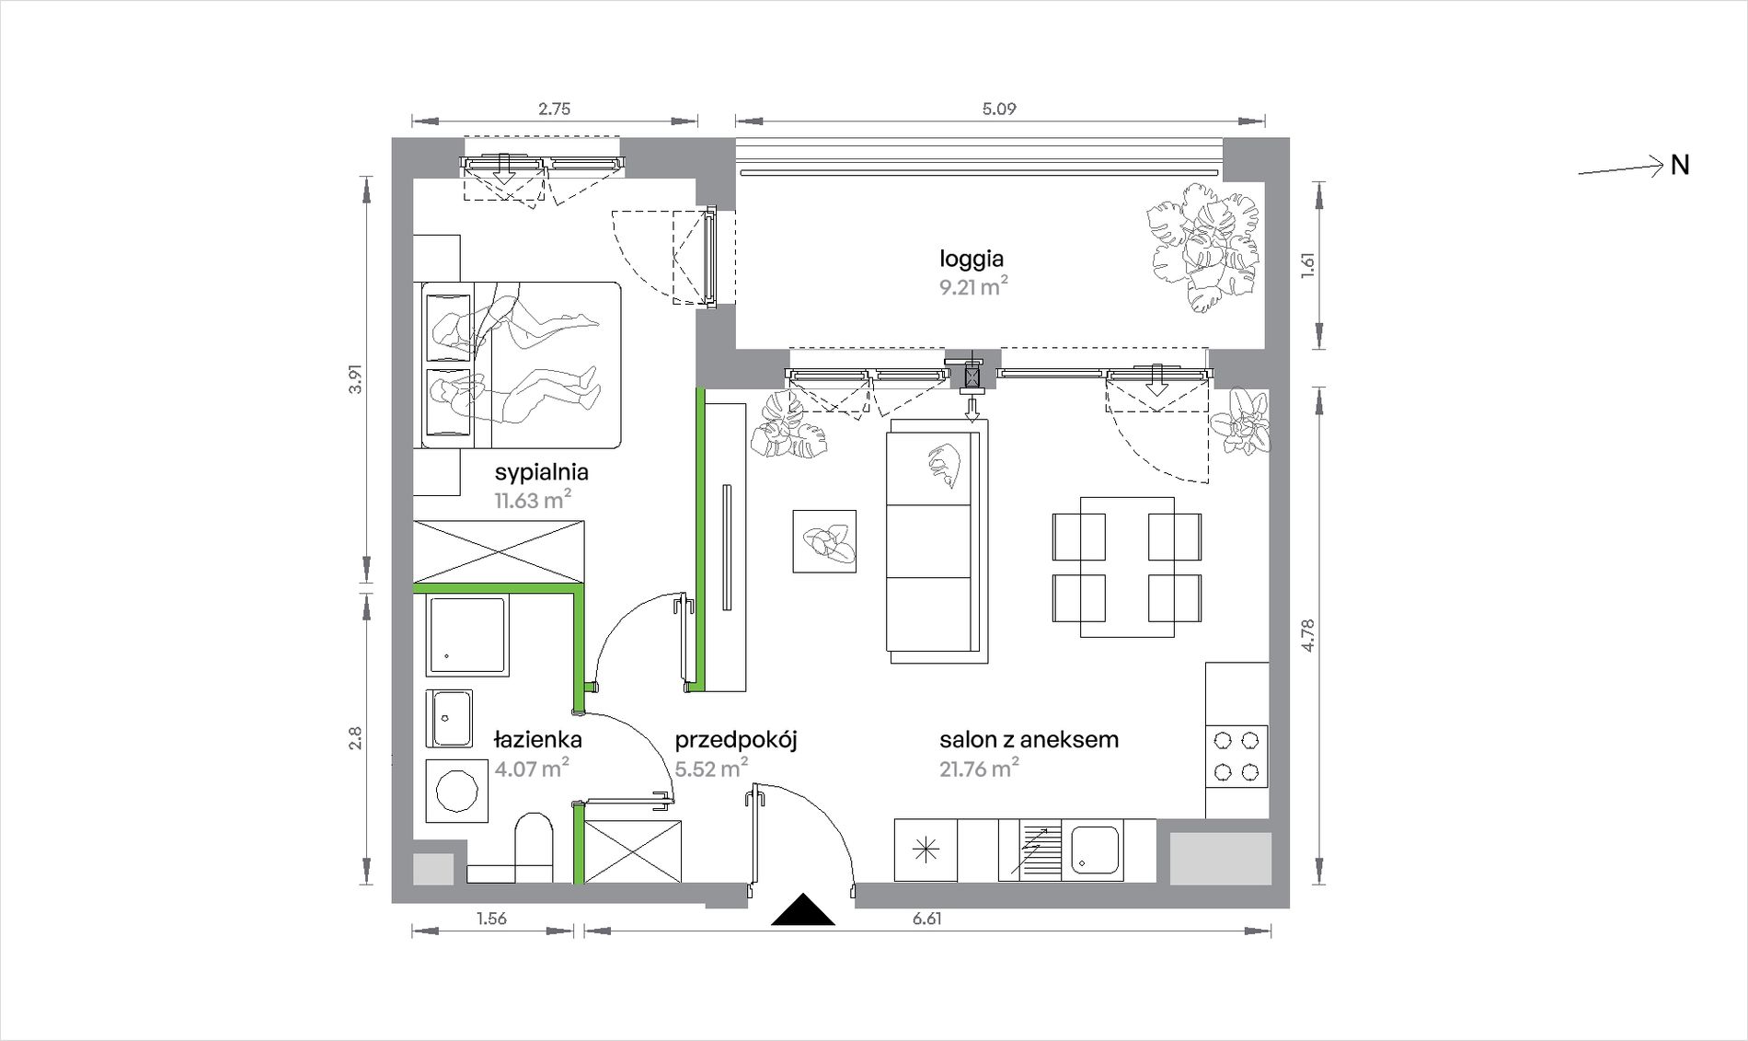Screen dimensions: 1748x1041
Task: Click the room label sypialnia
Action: (x=541, y=473)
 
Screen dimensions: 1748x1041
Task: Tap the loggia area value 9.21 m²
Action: (x=972, y=287)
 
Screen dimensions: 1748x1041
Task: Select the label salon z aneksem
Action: (x=1029, y=739)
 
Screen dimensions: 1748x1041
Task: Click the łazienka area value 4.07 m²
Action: (x=531, y=768)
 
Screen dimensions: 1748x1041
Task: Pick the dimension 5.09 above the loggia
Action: (x=999, y=109)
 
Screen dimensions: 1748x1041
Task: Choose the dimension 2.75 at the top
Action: (x=554, y=109)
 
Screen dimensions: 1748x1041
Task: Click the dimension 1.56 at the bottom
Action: (x=491, y=919)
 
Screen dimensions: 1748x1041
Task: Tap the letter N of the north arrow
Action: (x=1680, y=166)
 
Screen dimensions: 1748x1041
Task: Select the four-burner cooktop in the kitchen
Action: (x=1236, y=756)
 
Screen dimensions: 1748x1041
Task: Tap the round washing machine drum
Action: (x=456, y=791)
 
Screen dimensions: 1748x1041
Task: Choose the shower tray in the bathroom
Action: (x=467, y=636)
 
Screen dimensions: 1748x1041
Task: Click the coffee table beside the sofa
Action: (x=824, y=541)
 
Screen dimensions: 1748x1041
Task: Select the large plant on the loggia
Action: (x=1202, y=247)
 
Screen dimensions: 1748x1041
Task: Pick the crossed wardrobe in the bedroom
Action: (x=500, y=551)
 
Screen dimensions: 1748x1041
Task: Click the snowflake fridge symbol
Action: (x=926, y=850)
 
